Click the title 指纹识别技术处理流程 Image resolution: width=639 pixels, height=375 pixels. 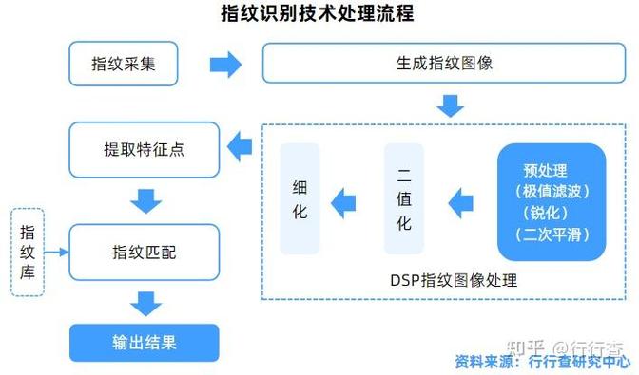coord(318,14)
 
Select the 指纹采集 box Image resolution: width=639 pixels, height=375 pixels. coord(124,65)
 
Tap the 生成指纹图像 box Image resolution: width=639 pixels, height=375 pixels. coord(444,65)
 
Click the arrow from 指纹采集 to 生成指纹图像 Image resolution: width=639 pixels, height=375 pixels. coord(225,65)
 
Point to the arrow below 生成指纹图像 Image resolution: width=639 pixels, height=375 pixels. coord(450,104)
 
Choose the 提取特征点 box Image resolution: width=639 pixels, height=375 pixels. coord(145,148)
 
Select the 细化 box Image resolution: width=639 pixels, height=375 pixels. coord(300,199)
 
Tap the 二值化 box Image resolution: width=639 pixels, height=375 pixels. coord(404,199)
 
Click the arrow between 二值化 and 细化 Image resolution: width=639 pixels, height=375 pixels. coord(342,200)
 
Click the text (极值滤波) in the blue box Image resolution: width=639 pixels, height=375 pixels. coord(552,191)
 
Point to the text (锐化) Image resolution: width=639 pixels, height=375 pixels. coord(552,212)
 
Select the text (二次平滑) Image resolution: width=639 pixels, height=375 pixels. coord(552,233)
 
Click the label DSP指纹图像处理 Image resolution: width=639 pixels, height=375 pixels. coord(454,279)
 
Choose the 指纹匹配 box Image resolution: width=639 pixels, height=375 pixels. coord(145,253)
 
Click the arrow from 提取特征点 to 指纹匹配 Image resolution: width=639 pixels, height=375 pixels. coord(145,200)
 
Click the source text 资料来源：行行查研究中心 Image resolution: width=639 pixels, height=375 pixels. coord(542,361)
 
